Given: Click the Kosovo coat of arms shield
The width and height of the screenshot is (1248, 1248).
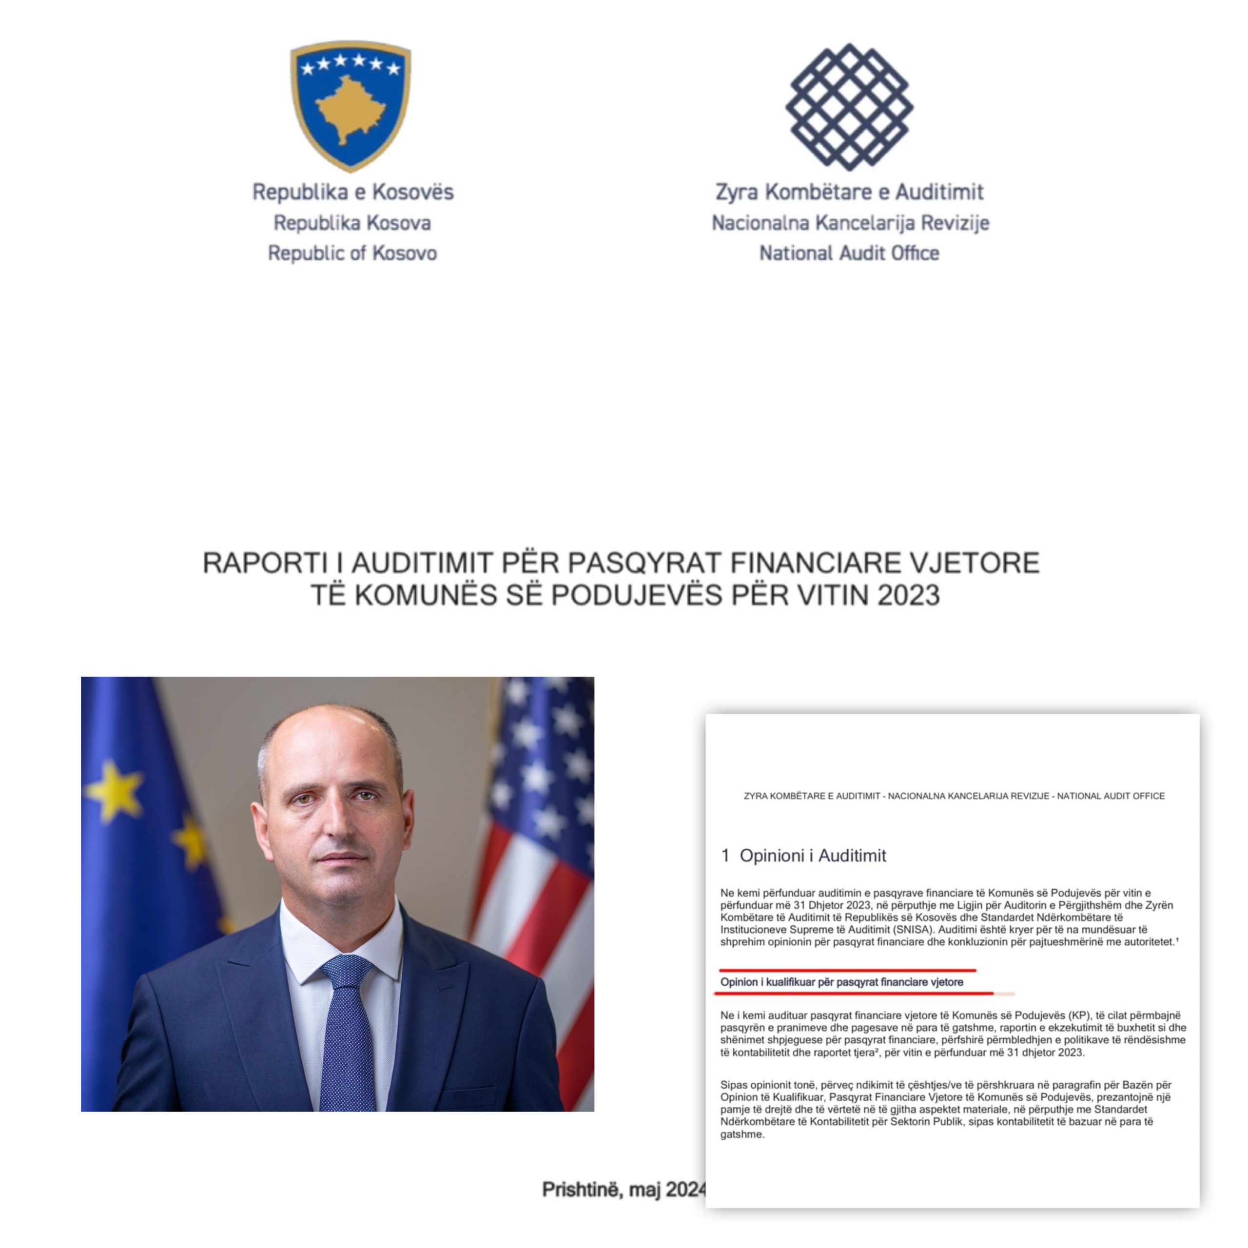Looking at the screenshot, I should coord(350,105).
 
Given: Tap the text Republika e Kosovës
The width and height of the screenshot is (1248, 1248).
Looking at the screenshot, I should coord(352,192).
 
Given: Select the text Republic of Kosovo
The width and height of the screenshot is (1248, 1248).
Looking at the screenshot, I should coord(352,253).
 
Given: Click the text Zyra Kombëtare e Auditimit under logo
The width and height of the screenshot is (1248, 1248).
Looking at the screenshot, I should coord(849,192).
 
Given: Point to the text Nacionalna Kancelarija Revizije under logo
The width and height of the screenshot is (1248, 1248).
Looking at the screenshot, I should coord(850,223).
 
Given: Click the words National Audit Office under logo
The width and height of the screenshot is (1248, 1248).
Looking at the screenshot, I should coord(849,253).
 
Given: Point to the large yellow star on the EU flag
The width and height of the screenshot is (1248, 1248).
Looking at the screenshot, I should coord(115,791).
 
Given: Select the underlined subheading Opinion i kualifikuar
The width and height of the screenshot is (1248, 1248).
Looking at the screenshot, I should coord(841,982).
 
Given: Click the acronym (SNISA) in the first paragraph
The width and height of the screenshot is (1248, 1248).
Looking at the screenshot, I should coord(911,930).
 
